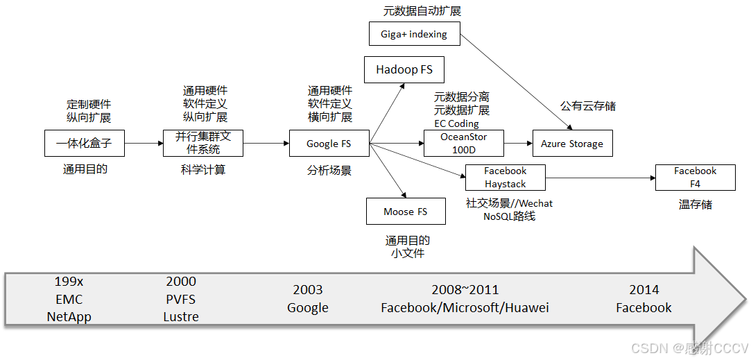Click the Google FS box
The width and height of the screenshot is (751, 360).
tap(329, 144)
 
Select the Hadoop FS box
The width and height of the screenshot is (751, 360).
tap(404, 69)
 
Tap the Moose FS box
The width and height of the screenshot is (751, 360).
tap(406, 212)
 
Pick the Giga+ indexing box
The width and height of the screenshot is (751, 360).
tap(414, 33)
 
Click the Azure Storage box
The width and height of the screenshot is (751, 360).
tap(572, 144)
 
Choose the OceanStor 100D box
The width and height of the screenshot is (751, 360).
tap(464, 144)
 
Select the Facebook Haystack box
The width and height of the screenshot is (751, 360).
tap(505, 178)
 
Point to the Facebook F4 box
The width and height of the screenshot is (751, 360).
tap(695, 178)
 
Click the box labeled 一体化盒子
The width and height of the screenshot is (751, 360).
tap(84, 144)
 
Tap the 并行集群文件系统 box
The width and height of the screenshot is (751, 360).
tap(203, 144)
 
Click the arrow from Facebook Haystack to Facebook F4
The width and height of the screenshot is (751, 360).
tap(601, 178)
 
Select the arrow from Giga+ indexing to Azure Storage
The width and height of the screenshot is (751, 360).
tap(517, 82)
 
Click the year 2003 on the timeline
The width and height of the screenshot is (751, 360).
tap(308, 290)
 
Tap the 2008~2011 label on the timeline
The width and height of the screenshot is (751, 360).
tap(465, 290)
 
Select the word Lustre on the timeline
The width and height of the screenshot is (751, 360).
tap(181, 317)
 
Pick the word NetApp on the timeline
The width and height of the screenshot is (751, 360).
tap(69, 317)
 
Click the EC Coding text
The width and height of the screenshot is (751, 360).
tap(456, 123)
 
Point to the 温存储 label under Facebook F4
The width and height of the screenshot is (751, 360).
tap(695, 205)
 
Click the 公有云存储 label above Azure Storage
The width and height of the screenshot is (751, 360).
tap(588, 106)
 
